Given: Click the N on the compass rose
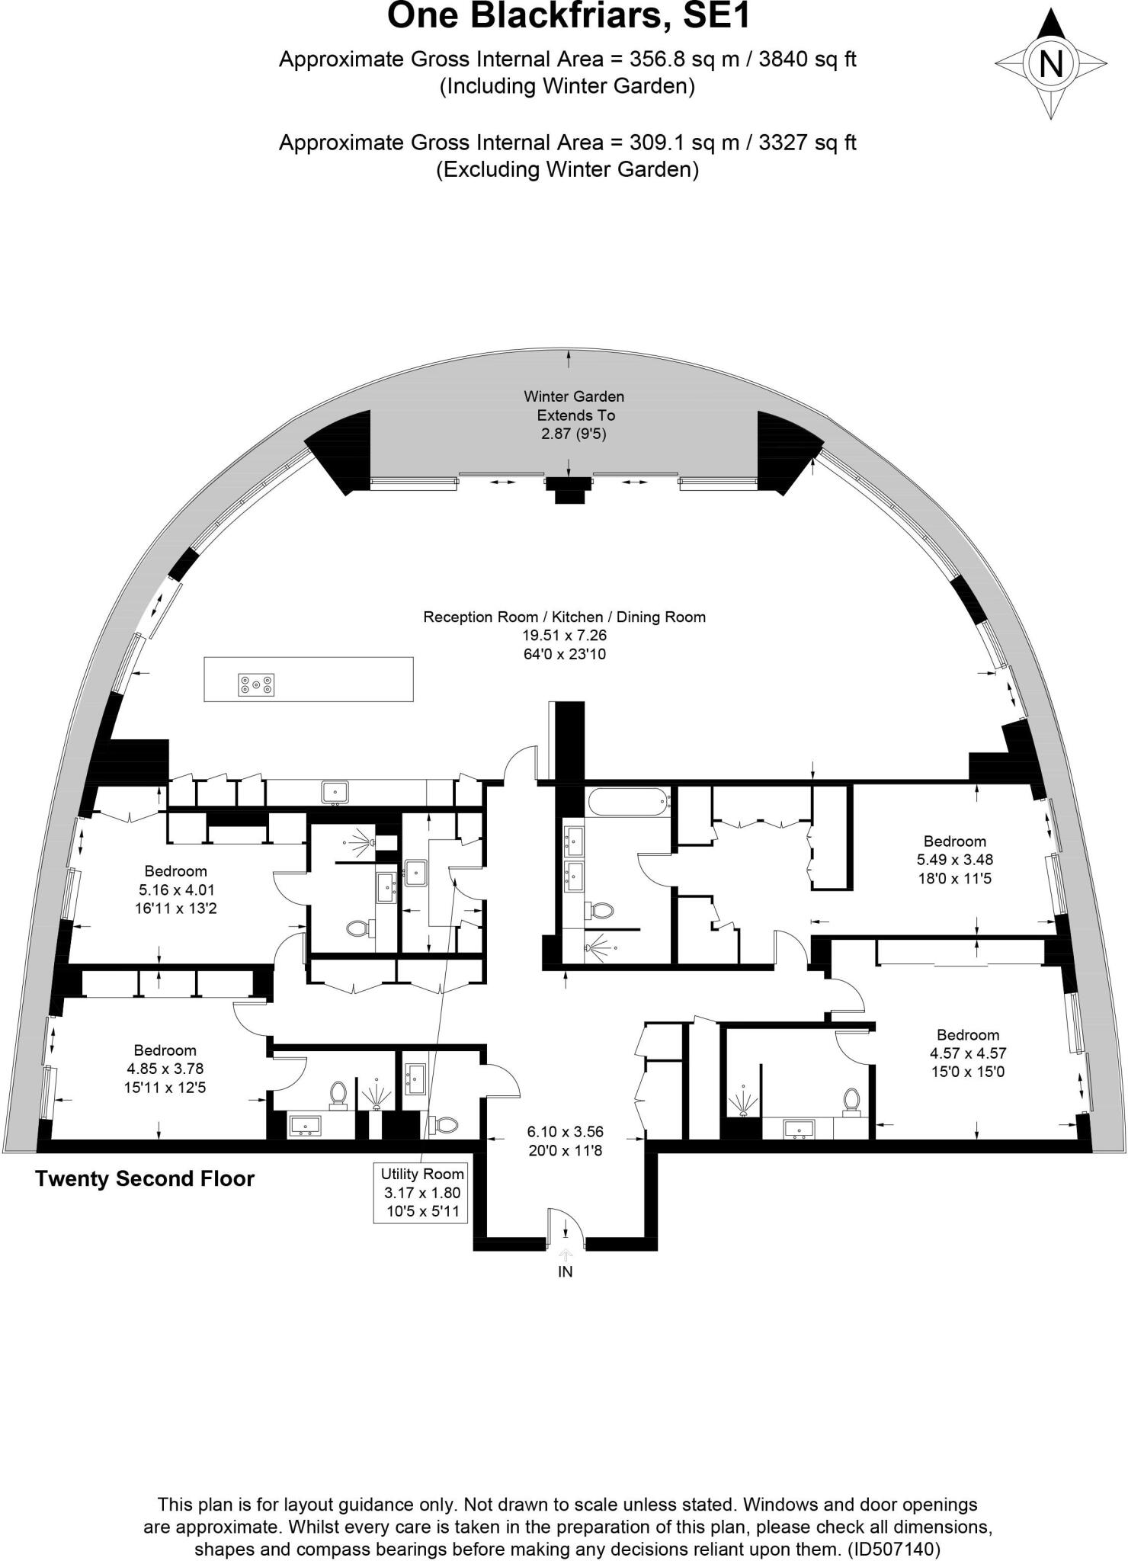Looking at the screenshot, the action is pos(1051,63).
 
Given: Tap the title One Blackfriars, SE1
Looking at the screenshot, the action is pos(569,15).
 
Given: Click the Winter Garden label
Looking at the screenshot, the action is pos(574,396).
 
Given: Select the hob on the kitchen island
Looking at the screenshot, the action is pos(256,684).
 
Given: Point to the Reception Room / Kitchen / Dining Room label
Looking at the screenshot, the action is pos(564,617).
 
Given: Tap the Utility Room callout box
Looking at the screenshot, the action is pos(421,1193).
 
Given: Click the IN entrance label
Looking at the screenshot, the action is pos(565,1271).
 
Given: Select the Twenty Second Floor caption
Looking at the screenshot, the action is pos(145,1179).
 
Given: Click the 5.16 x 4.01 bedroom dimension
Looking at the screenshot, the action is pos(176,889).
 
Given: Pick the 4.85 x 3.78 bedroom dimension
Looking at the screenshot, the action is pos(165,1069).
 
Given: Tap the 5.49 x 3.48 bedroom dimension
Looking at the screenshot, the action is pos(955,860).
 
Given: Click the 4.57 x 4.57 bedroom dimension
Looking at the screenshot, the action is pos(968,1053).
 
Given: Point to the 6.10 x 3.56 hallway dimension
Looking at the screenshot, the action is pos(566,1132).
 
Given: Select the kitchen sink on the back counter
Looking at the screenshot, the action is pos(335,793).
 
